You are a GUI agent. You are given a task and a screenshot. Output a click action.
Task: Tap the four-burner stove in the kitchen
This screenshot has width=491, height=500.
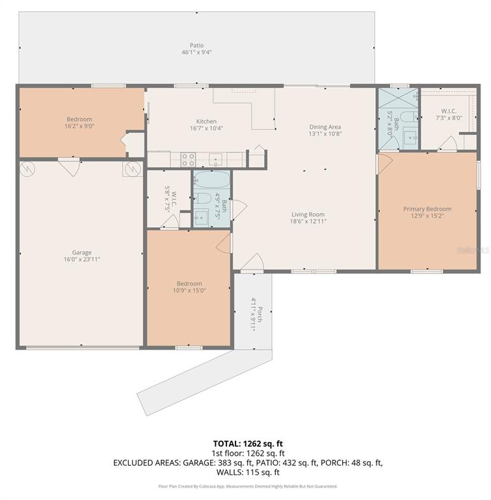point(188,158)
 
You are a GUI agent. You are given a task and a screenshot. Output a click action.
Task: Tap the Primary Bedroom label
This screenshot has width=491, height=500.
point(427,209)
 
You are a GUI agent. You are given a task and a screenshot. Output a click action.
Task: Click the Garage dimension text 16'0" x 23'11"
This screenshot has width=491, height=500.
point(82,259)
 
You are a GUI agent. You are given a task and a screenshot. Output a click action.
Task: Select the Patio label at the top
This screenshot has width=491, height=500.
point(196,45)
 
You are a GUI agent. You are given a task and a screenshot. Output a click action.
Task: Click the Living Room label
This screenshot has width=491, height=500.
point(308,214)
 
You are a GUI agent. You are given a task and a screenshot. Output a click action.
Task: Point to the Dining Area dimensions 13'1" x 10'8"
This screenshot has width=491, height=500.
point(325,134)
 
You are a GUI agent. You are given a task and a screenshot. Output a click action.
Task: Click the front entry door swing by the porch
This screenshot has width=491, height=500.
point(252,262)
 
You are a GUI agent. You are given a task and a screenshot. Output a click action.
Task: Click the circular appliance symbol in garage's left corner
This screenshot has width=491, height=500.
point(27,169)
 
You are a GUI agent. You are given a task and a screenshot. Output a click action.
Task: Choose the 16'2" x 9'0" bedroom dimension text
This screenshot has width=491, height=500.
point(79,126)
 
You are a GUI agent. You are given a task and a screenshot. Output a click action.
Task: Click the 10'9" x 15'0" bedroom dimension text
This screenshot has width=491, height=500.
point(189,290)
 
